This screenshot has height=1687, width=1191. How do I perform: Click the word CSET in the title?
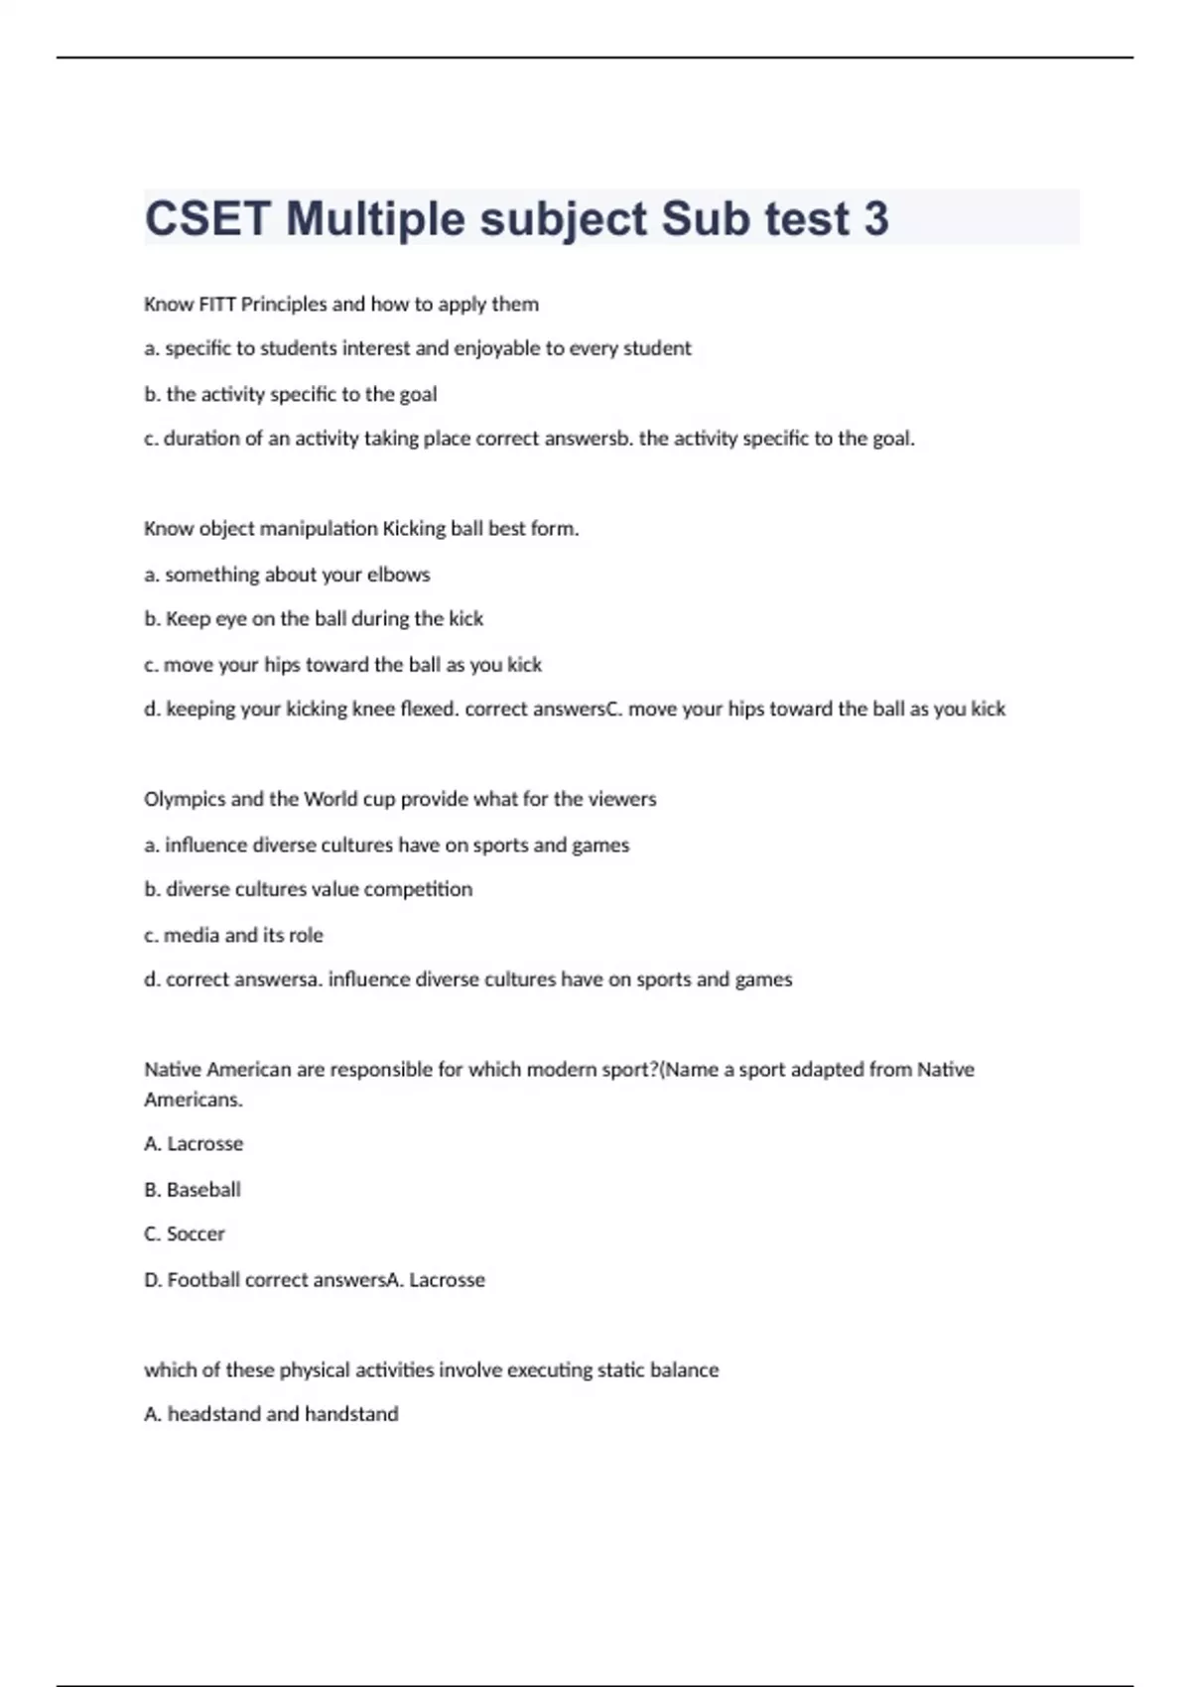207,218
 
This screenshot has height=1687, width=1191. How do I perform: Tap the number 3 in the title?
875,218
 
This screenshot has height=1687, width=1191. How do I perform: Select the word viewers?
622,799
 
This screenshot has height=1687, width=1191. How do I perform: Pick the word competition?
418,889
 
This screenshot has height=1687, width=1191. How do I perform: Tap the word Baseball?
203,1189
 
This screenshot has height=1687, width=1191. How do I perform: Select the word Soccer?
196,1233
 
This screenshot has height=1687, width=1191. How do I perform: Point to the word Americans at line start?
193,1100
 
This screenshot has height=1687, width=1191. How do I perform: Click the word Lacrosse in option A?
204,1143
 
